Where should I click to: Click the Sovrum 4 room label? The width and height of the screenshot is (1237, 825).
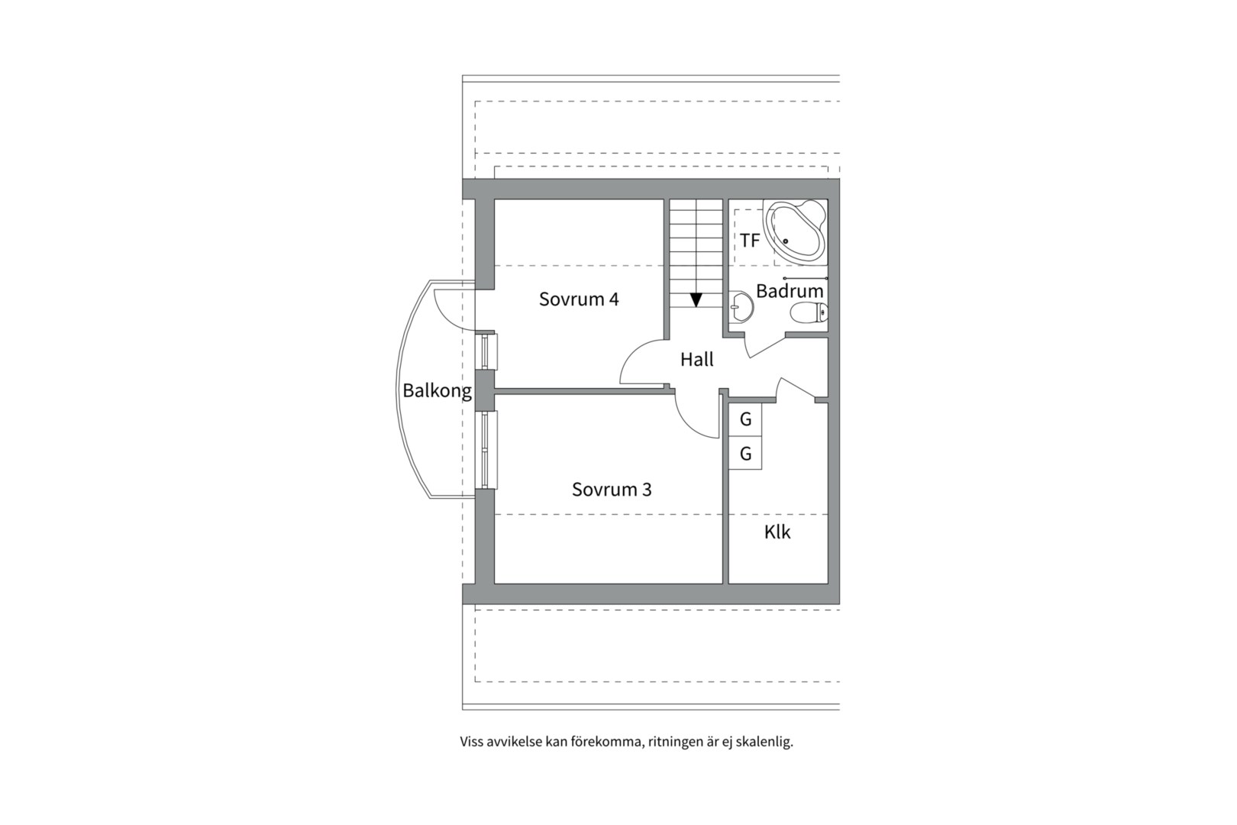(x=579, y=299)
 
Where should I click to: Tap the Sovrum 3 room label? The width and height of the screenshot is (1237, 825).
(x=612, y=489)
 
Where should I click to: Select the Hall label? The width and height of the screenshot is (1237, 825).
(x=697, y=360)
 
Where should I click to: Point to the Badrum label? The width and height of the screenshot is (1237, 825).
(x=790, y=290)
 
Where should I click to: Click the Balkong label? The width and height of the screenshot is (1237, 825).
(x=438, y=390)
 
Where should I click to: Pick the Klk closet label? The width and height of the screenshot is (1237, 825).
(x=777, y=532)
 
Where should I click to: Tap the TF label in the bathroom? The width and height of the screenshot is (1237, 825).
(x=750, y=241)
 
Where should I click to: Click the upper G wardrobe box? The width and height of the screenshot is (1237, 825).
(x=745, y=419)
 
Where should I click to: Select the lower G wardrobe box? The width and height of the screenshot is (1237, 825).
(x=745, y=453)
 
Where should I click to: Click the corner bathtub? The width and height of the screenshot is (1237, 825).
(x=795, y=232)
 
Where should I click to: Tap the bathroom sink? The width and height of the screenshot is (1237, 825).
(x=741, y=306)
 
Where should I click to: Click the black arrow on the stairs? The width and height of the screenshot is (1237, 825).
(x=696, y=299)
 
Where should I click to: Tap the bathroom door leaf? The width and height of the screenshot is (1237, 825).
(x=766, y=347)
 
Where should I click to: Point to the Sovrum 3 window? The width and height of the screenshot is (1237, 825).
(x=486, y=450)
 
